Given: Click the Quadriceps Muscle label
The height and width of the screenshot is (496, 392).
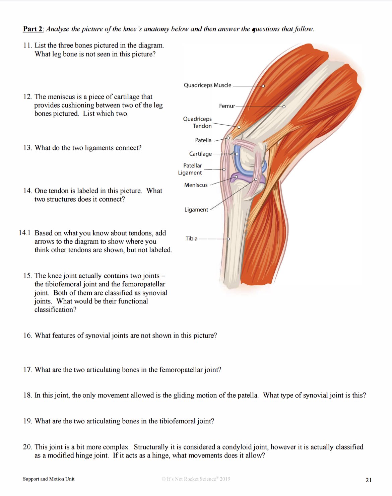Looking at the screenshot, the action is [207, 85].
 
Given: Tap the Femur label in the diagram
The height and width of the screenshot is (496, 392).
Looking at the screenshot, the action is [227, 106].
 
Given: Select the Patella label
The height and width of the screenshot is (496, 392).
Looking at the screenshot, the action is [203, 140].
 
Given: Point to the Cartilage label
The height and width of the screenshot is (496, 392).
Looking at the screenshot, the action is [200, 154].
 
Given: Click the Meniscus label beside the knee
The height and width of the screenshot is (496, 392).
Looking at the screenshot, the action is [196, 185].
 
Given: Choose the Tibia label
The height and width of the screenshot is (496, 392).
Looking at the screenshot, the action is [191, 239].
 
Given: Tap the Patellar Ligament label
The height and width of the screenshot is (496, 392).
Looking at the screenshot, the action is [190, 169].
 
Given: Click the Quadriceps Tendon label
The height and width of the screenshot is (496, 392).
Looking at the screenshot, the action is [198, 123].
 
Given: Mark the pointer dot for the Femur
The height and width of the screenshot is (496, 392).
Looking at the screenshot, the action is [284, 107].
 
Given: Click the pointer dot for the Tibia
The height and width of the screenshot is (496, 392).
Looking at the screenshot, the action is [228, 239].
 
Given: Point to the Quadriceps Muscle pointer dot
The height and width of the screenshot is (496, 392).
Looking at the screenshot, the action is [263, 86].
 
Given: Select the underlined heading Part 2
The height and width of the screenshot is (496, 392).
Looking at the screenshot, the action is [33, 29].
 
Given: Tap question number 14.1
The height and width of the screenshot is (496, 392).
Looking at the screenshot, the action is [24, 233].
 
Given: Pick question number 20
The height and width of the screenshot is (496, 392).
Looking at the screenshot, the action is [27, 447].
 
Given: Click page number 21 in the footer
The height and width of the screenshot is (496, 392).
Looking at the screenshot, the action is [369, 480].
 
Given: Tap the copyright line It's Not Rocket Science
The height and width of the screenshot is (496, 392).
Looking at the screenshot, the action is [196, 479].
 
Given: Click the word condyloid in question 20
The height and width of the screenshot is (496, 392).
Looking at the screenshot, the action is [236, 447].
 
